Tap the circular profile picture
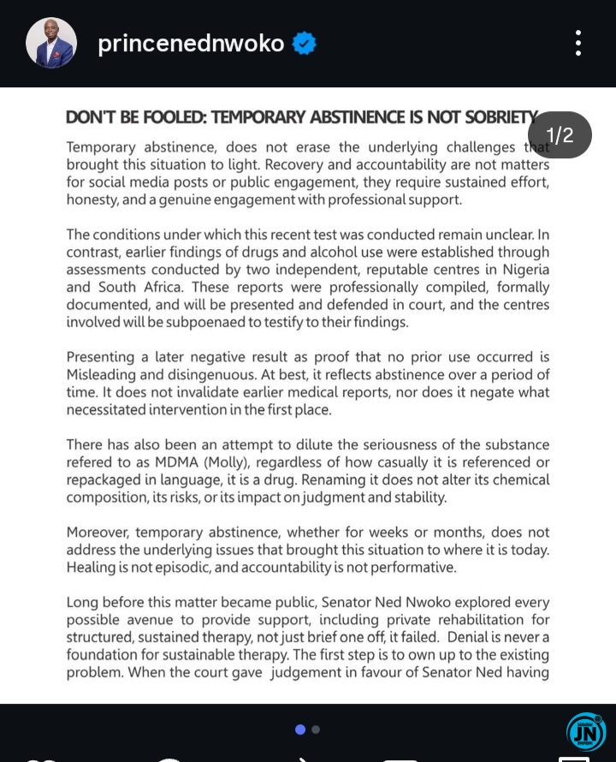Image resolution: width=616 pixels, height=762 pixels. (51, 43)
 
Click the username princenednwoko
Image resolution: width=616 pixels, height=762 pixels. (191, 44)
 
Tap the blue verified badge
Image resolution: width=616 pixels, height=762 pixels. (304, 44)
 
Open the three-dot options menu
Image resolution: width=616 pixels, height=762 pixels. (578, 43)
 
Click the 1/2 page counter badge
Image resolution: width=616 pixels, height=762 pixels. (560, 135)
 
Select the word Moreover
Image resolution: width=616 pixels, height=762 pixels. (100, 533)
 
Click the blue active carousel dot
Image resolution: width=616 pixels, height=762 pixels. (300, 729)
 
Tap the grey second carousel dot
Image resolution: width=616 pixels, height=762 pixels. (316, 729)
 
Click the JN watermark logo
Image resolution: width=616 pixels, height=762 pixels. (585, 733)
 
